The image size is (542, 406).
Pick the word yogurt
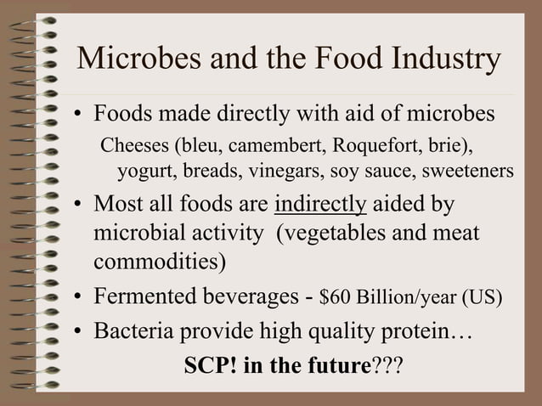(140, 171)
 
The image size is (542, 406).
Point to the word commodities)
(160, 260)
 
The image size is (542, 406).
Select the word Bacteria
(133, 331)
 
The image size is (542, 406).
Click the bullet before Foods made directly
(77, 115)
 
